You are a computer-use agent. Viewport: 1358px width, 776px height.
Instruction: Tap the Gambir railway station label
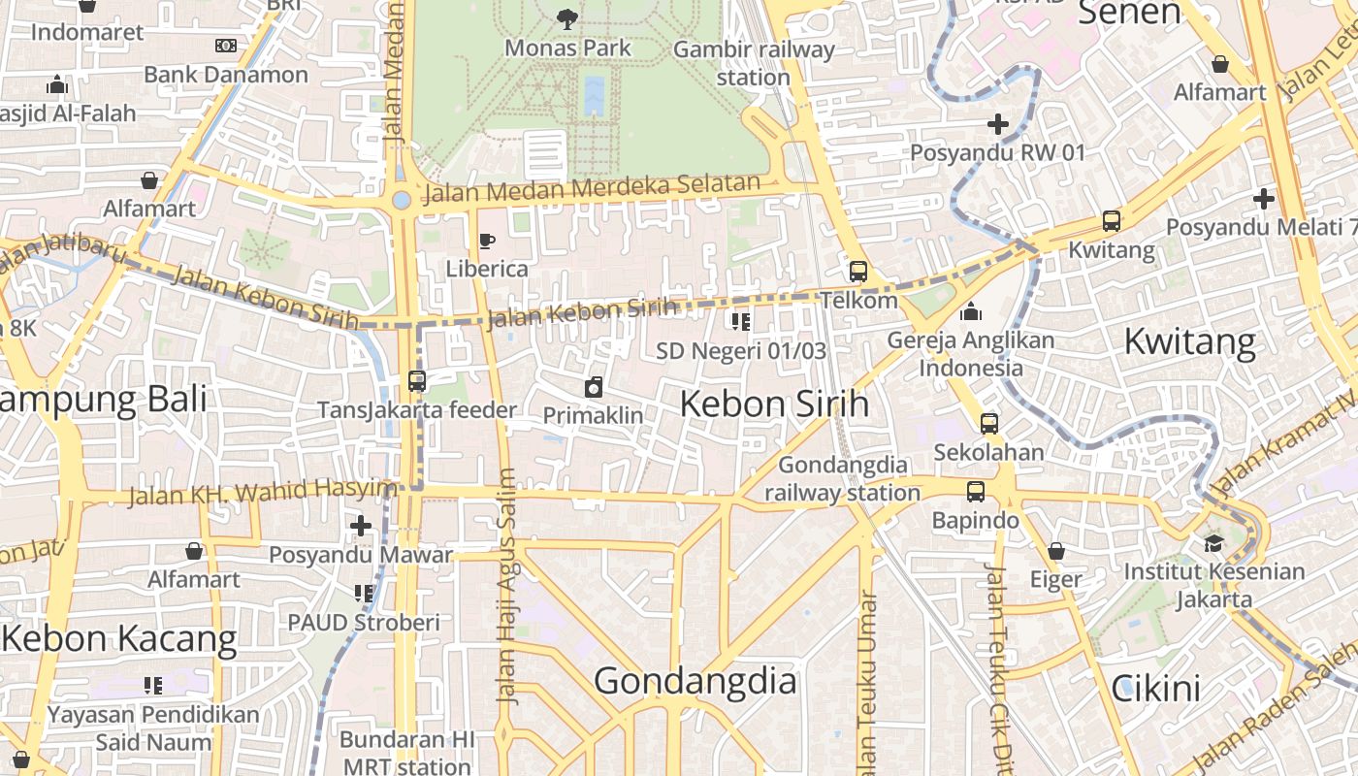click(754, 63)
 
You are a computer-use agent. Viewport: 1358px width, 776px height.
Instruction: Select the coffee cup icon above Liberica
click(487, 241)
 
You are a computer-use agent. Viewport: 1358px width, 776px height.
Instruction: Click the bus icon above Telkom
click(858, 271)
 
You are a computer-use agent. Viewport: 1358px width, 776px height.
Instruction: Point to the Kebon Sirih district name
click(774, 404)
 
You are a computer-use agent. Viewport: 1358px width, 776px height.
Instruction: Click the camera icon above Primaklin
click(594, 387)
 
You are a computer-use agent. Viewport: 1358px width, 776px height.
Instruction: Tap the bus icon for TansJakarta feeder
click(417, 381)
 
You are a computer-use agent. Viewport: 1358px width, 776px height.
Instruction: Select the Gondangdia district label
click(695, 681)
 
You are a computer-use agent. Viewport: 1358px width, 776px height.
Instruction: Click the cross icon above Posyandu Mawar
click(361, 526)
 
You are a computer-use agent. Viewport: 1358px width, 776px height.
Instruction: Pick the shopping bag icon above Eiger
click(1056, 551)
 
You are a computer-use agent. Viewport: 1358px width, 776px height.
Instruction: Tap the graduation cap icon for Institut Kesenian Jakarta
click(1213, 542)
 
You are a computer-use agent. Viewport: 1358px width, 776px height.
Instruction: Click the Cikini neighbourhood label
click(1156, 688)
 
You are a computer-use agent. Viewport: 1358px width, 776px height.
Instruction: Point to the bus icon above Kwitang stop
click(1112, 221)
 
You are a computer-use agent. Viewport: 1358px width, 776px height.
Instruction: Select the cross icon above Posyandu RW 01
click(997, 124)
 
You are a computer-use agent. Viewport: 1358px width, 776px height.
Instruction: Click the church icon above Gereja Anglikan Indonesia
click(971, 311)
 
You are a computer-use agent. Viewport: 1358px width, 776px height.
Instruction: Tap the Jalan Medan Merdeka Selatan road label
click(593, 188)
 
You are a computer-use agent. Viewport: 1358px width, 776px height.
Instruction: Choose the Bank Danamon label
click(226, 75)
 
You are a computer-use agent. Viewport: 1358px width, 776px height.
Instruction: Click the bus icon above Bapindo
click(976, 492)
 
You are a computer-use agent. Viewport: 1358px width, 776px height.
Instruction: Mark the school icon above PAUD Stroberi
click(364, 593)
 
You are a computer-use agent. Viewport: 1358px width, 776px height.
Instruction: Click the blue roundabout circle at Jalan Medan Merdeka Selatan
click(402, 200)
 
